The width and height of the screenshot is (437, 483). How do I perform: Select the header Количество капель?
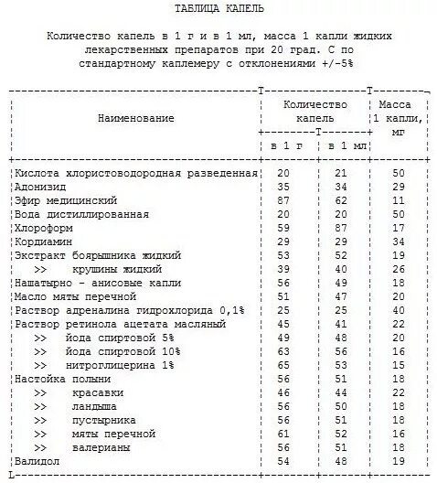[x=316, y=113]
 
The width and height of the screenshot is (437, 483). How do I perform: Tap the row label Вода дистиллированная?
[x=81, y=213]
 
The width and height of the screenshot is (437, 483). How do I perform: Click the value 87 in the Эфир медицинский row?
[x=283, y=199]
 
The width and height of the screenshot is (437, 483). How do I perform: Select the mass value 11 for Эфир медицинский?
[x=398, y=199]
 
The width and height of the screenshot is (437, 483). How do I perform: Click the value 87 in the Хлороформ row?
[x=341, y=227]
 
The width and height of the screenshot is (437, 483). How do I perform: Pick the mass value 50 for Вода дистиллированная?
[x=398, y=213]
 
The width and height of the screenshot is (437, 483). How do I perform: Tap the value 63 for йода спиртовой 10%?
[x=283, y=351]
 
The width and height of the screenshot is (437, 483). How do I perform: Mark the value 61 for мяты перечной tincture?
[x=283, y=435]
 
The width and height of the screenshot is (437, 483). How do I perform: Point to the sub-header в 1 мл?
[x=340, y=146]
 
